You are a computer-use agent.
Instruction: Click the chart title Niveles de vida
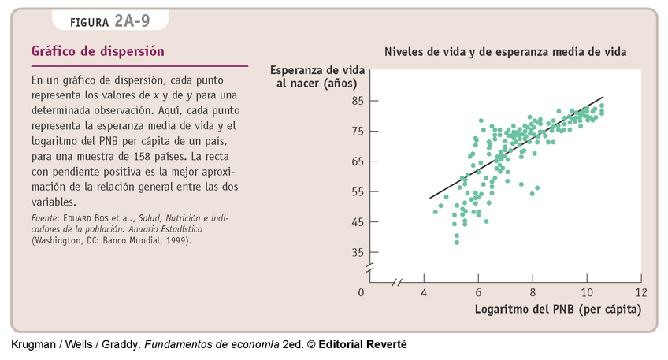[x=505, y=52]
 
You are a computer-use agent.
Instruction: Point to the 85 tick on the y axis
[x=357, y=101]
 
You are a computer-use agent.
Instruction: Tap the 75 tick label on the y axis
[x=357, y=131]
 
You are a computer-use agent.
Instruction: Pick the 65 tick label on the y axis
[x=357, y=161]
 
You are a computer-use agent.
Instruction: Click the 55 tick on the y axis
[x=357, y=191]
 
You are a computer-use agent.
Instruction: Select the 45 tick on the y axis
[x=357, y=222]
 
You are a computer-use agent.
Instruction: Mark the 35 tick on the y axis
[x=357, y=252]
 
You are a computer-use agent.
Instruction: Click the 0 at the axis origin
[x=362, y=292]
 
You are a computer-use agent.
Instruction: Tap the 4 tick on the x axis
[x=425, y=292]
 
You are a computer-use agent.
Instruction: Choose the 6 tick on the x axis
[x=479, y=292]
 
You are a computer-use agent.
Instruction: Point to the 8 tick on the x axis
[x=533, y=292]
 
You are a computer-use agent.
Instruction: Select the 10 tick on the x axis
[x=587, y=292]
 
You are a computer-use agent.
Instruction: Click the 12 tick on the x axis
[x=641, y=292]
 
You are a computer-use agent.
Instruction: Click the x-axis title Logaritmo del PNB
[x=558, y=309]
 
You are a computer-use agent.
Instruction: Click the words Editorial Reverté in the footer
[x=362, y=345]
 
